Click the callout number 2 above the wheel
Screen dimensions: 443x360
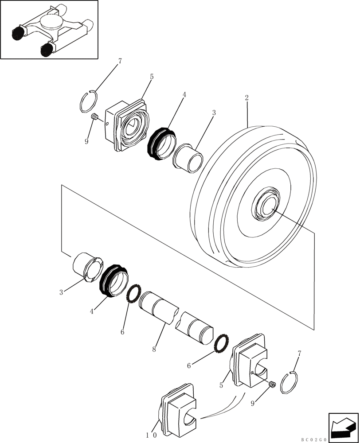pyautogui.click(x=247, y=98)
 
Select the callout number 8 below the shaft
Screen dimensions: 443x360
pyautogui.click(x=154, y=350)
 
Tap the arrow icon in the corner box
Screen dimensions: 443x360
pyautogui.click(x=343, y=427)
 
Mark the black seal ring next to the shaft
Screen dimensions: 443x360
pyautogui.click(x=113, y=280)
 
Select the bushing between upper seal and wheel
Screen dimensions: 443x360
pyautogui.click(x=187, y=156)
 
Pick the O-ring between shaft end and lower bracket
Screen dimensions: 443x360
pyautogui.click(x=221, y=343)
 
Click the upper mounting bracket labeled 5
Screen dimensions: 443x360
pyautogui.click(x=127, y=125)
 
